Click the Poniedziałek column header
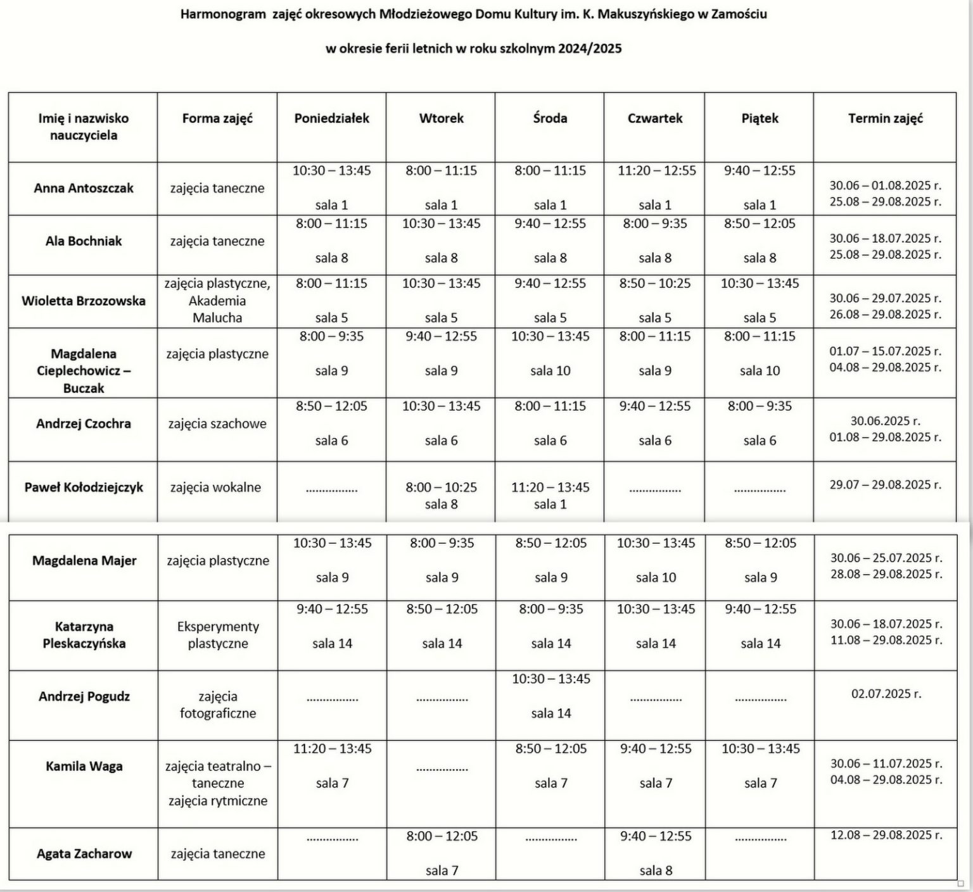point(331,118)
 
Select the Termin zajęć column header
point(885,118)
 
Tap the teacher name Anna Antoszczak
point(84,188)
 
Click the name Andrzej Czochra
point(84,424)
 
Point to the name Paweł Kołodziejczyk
point(84,487)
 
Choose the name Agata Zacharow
point(84,853)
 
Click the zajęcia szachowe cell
point(217,424)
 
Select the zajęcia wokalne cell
point(215,487)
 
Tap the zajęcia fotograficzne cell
point(218,705)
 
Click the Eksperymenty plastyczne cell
point(218,635)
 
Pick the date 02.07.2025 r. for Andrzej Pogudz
point(886,694)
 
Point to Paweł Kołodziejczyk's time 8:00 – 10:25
point(442,487)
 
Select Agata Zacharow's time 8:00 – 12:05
point(442,836)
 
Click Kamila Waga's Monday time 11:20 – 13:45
point(333,749)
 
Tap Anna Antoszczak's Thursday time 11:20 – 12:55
point(657,171)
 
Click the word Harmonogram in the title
point(223,15)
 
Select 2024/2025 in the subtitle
point(590,49)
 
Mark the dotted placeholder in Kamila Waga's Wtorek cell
point(442,769)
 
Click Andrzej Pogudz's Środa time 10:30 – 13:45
point(551,679)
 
